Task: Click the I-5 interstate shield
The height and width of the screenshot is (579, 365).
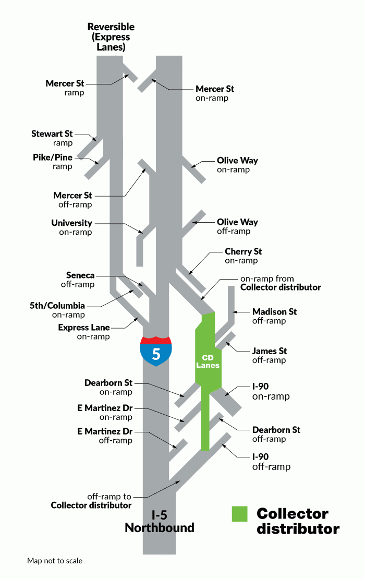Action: (x=156, y=351)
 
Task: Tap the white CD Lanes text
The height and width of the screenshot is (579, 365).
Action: (x=208, y=361)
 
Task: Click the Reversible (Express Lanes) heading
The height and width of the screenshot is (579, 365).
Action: (x=111, y=37)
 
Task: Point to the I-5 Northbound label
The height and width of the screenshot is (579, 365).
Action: (x=160, y=521)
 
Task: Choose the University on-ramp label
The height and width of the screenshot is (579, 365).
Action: (x=71, y=227)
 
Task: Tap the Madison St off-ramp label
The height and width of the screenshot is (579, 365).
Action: (x=274, y=316)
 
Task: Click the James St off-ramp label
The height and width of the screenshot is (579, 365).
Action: (x=269, y=356)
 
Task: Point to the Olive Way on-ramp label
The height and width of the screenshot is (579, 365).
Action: (x=237, y=165)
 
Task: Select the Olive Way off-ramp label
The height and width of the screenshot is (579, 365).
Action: (x=237, y=226)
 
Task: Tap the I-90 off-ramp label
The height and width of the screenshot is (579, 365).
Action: (x=271, y=461)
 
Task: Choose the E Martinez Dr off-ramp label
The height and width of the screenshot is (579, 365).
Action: (x=105, y=436)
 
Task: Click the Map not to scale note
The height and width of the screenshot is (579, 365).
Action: (x=55, y=561)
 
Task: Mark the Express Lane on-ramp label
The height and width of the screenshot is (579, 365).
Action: (x=84, y=332)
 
